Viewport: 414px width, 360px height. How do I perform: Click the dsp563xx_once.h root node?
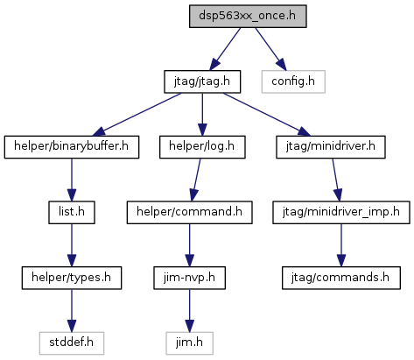pyautogui.click(x=248, y=17)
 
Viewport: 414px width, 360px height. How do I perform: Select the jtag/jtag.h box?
pyautogui.click(x=202, y=81)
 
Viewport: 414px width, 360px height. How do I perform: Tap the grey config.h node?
pyautogui.click(x=293, y=81)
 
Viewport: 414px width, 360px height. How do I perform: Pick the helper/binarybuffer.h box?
pyautogui.click(x=72, y=147)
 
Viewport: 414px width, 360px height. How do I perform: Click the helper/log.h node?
pyautogui.click(x=202, y=147)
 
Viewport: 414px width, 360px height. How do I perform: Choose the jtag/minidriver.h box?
pyautogui.click(x=331, y=147)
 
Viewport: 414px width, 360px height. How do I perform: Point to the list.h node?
pyautogui.click(x=72, y=213)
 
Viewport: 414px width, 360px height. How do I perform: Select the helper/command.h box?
pyautogui.click(x=189, y=213)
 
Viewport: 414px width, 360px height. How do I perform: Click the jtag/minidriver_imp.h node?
pyautogui.click(x=341, y=213)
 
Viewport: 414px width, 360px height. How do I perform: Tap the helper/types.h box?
pyautogui.click(x=72, y=278)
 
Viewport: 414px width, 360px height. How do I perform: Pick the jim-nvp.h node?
pyautogui.click(x=189, y=278)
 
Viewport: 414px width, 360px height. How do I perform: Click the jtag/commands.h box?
pyautogui.click(x=341, y=278)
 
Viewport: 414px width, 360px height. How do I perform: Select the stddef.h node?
pyautogui.click(x=72, y=343)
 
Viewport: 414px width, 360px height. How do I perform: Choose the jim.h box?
pyautogui.click(x=189, y=343)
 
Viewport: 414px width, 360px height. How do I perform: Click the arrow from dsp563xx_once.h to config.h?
pyautogui.click(x=270, y=49)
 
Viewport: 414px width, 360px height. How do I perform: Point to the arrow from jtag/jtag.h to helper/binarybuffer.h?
pyautogui.click(x=137, y=115)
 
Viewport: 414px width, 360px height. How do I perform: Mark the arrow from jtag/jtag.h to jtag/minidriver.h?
pyautogui.click(x=267, y=115)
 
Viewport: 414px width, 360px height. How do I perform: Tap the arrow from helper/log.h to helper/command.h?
pyautogui.click(x=196, y=180)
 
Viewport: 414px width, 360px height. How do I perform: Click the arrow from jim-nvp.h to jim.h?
pyautogui.click(x=189, y=311)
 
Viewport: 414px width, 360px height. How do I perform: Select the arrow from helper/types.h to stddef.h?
pyautogui.click(x=72, y=311)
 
